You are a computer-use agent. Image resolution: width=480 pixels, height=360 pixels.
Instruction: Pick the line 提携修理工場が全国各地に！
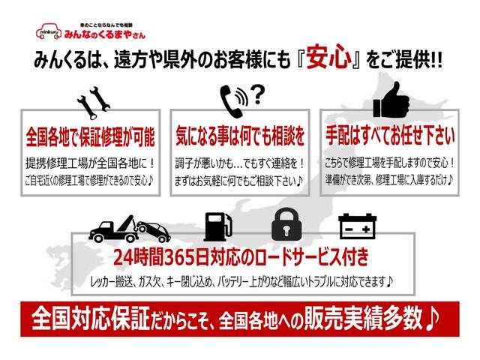90,163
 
